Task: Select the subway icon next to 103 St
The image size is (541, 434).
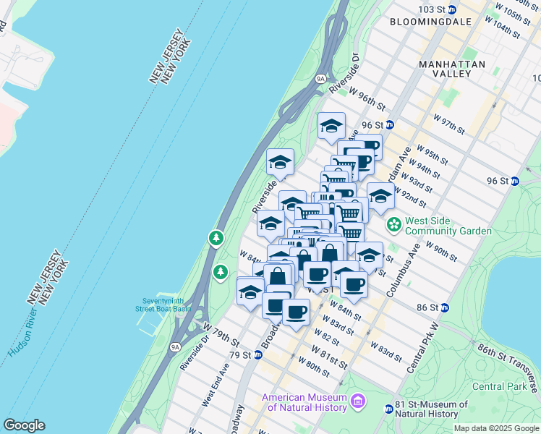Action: pos(452,9)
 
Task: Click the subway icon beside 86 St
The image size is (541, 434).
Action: pos(445,307)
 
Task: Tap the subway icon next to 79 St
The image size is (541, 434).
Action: pos(257,354)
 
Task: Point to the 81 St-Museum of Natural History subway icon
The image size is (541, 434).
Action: pos(388,409)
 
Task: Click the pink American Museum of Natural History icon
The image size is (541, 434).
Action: pos(357,401)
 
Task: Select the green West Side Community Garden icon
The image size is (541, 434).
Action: pos(393,225)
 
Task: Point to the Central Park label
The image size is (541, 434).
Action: pos(498,386)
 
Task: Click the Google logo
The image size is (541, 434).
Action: pos(24,425)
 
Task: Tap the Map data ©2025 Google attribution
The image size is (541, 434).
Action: pos(495,428)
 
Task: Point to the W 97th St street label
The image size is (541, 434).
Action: pos(448,123)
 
